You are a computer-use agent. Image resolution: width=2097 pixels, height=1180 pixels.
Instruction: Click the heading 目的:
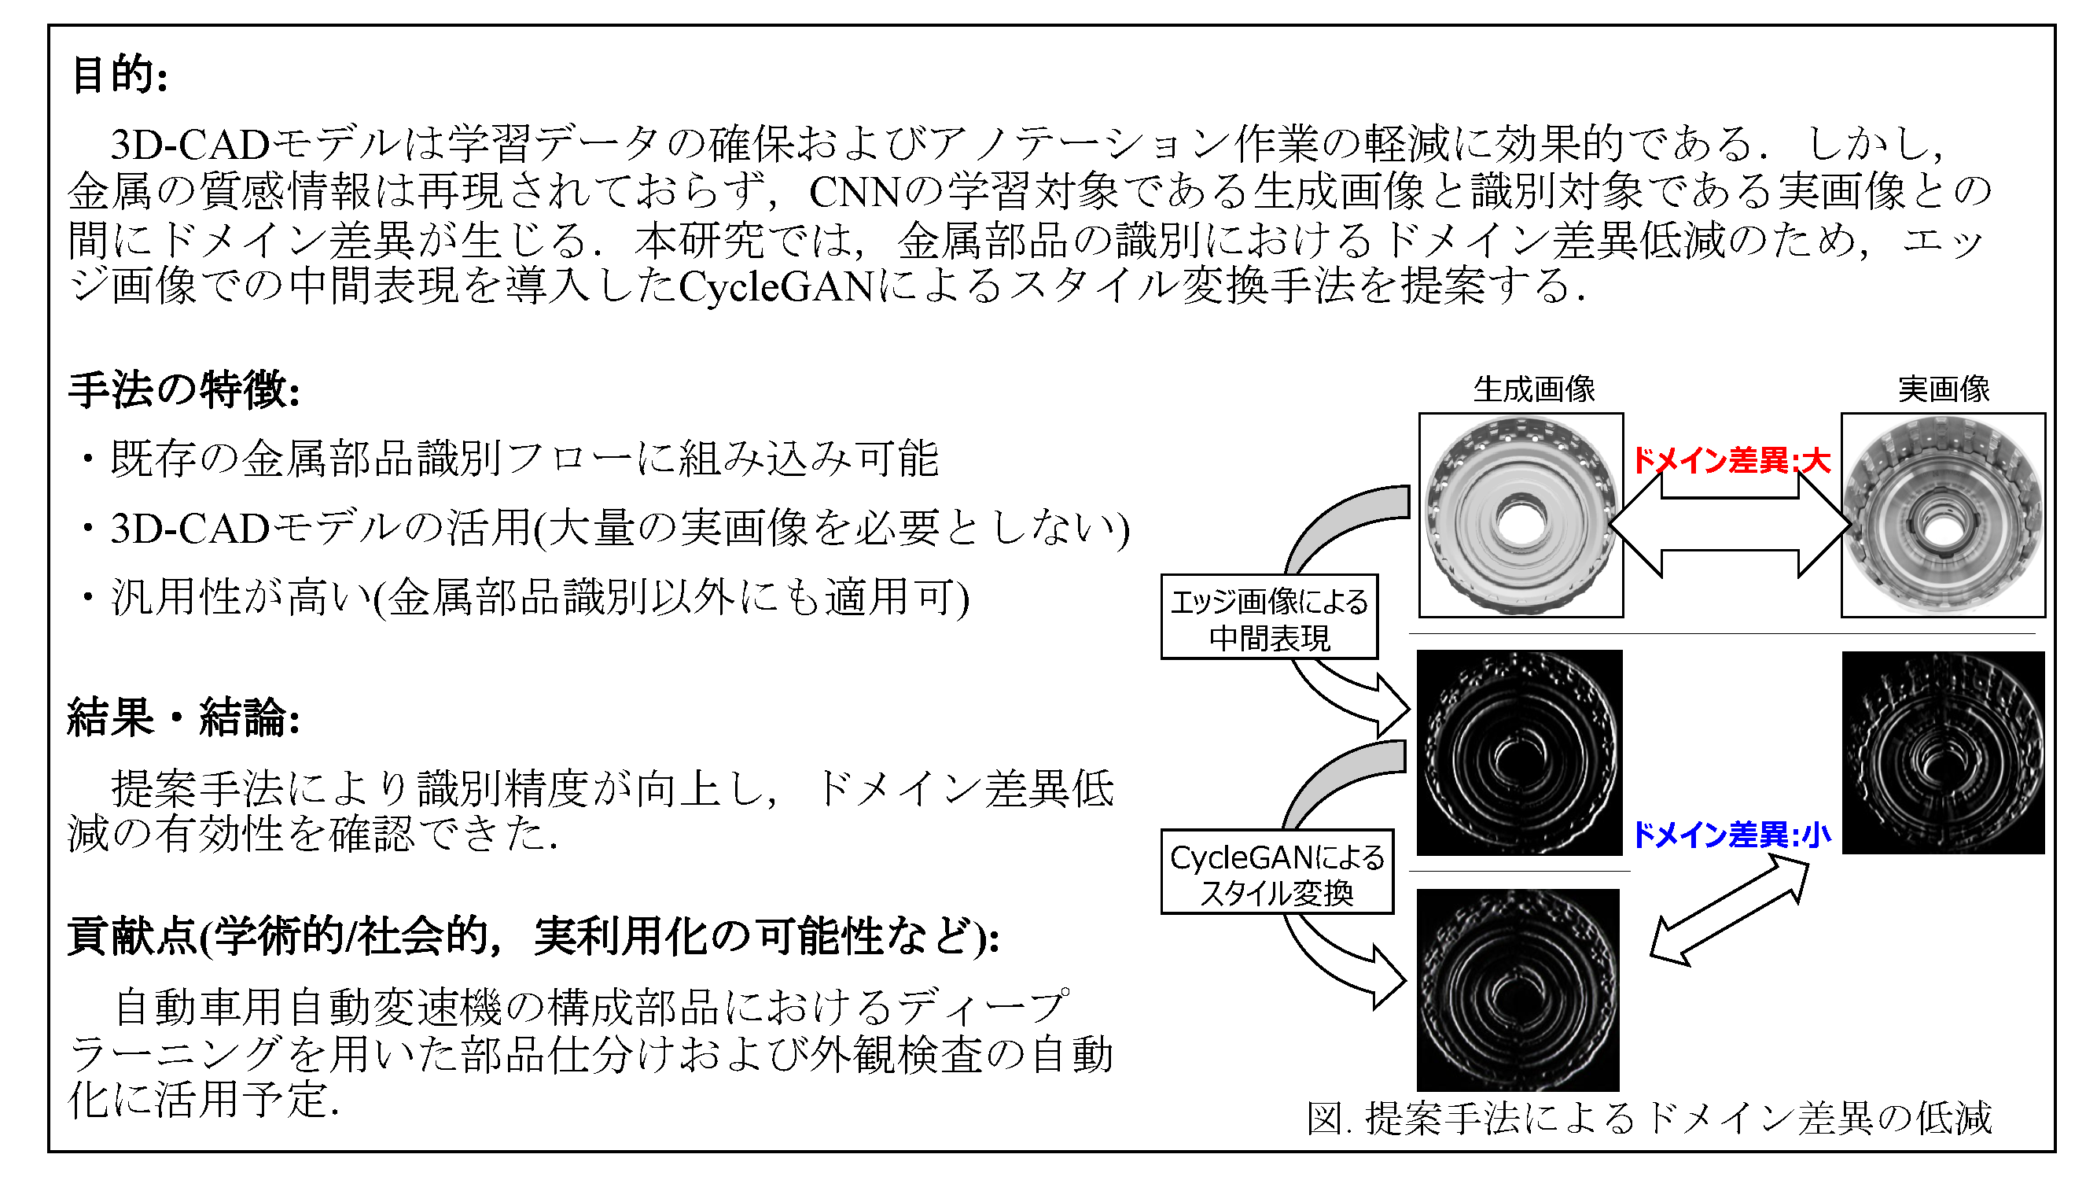(x=120, y=75)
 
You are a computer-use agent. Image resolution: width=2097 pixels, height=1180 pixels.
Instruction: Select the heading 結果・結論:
(x=184, y=717)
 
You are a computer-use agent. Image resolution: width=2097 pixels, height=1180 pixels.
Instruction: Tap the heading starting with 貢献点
(x=534, y=935)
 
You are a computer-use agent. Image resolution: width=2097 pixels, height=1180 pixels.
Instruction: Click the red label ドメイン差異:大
(x=1731, y=461)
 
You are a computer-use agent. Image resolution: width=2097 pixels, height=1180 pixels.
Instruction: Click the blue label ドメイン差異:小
(x=1731, y=835)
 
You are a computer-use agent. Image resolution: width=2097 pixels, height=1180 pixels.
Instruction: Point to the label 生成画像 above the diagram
(x=1535, y=389)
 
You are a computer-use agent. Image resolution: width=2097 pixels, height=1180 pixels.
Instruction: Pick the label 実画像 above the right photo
(x=1944, y=389)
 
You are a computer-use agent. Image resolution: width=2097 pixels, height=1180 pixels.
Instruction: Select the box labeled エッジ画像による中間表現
(x=1269, y=617)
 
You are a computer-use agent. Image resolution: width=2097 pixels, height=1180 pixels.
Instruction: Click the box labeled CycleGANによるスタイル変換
(x=1276, y=872)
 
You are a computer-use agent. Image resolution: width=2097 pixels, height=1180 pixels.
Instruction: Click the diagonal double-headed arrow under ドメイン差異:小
(x=1729, y=912)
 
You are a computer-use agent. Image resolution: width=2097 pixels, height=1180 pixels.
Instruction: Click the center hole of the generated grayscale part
(x=1520, y=522)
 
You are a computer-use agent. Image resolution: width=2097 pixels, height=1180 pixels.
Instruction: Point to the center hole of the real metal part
(x=1943, y=529)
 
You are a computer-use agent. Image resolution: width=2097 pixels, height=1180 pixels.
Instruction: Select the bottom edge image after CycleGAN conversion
(x=1518, y=990)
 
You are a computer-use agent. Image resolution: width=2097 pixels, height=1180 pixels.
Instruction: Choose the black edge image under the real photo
(x=1943, y=753)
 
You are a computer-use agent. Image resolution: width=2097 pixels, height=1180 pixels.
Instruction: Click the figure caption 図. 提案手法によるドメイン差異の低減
(x=1650, y=1118)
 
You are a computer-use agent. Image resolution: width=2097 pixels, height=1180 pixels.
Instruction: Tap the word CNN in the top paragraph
(x=855, y=192)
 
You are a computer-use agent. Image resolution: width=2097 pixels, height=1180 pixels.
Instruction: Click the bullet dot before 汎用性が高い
(x=87, y=599)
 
